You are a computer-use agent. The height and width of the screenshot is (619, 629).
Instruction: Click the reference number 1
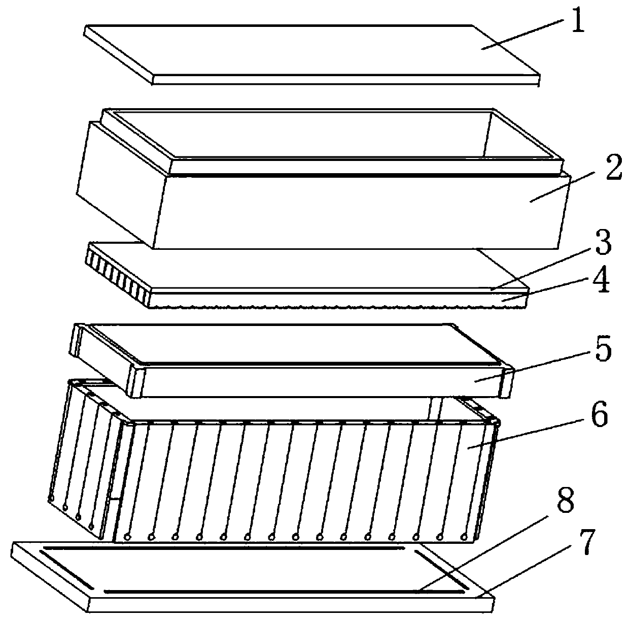(578, 20)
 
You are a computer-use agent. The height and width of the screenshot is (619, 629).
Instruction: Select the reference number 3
(603, 243)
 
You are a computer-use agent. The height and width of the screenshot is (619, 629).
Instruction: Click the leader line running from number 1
(523, 35)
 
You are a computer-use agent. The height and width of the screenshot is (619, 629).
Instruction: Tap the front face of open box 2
(361, 212)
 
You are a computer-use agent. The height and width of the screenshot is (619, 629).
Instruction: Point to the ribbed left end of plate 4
(118, 276)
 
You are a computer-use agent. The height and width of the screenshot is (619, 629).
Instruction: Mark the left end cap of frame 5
(107, 360)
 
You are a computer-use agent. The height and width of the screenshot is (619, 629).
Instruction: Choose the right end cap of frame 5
(508, 384)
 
